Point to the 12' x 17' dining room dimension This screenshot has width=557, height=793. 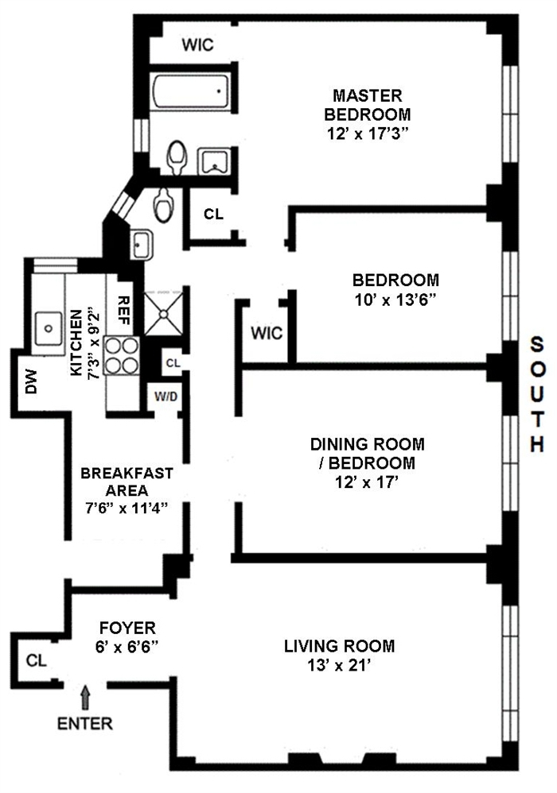pos(367,482)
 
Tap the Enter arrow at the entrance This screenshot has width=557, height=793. pos(86,699)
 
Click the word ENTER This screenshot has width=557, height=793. pos(85,724)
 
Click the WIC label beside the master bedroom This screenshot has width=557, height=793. pos(197,45)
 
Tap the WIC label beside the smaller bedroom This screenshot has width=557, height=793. pos(267,333)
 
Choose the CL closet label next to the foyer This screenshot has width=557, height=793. pos(34,660)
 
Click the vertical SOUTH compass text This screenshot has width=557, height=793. pos(538,394)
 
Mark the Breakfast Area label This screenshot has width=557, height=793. pos(127,482)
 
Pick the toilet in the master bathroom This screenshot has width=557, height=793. pos(177,157)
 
